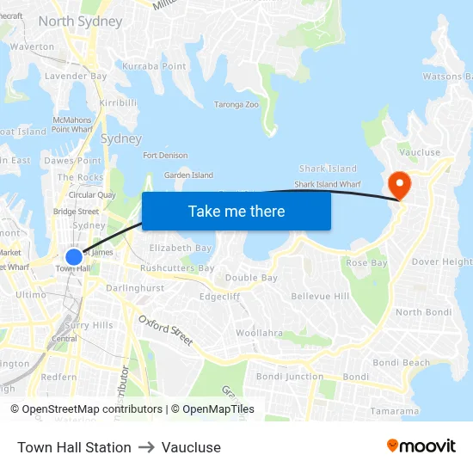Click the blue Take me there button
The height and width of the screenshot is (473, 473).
point(236,212)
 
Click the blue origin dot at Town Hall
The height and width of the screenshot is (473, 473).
point(74,256)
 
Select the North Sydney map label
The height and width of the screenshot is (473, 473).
point(80,21)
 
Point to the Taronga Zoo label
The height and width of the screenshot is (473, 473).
point(236,105)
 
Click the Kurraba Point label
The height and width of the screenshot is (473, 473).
point(154,66)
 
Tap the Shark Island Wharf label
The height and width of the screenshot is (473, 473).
point(327,184)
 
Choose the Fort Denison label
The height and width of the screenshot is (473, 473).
point(165,156)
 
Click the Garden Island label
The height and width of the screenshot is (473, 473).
point(188,175)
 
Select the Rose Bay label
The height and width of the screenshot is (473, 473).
point(367,262)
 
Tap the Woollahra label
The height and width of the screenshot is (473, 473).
point(259,332)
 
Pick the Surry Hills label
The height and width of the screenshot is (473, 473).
point(89,325)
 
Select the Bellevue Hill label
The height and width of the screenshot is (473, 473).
point(320,296)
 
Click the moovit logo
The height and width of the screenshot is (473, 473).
point(421,446)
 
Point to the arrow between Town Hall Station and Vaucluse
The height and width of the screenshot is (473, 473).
point(146,447)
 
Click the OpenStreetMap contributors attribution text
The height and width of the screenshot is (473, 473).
point(92,409)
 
